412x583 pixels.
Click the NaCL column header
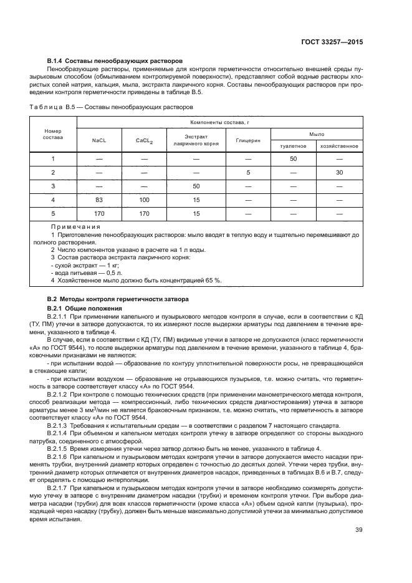pyautogui.click(x=99, y=140)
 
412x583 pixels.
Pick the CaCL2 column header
pyautogui.click(x=144, y=140)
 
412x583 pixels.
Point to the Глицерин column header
pyautogui.click(x=248, y=140)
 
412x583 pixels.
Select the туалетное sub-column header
pyautogui.click(x=293, y=146)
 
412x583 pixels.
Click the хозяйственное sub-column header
pyautogui.click(x=339, y=146)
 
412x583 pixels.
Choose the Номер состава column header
pyautogui.click(x=53, y=135)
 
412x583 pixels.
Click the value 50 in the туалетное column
pyautogui.click(x=293, y=159)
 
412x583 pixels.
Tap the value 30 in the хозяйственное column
pyautogui.click(x=339, y=172)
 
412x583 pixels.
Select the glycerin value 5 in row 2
pyautogui.click(x=248, y=172)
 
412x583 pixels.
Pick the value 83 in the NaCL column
pyautogui.click(x=99, y=200)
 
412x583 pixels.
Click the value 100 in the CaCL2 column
pyautogui.click(x=144, y=200)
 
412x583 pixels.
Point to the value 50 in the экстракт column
pyautogui.click(x=196, y=186)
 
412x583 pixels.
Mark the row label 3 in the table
pyautogui.click(x=53, y=186)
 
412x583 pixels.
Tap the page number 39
pyautogui.click(x=358, y=531)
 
